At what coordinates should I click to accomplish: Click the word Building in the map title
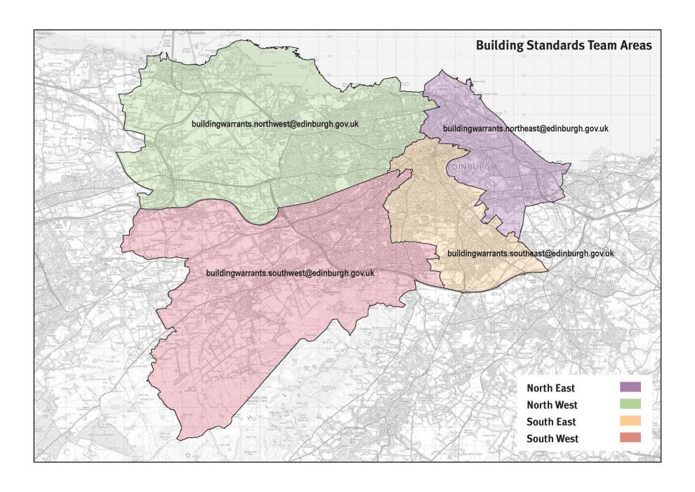(x=499, y=46)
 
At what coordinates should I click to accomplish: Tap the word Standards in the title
(x=555, y=46)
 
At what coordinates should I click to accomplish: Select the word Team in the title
(x=603, y=46)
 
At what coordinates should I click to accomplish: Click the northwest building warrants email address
(x=275, y=124)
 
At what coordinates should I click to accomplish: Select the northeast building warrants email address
(x=524, y=129)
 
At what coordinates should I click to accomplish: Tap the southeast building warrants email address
(x=531, y=253)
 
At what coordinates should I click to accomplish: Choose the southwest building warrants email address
(x=289, y=273)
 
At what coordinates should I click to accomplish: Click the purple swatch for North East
(x=630, y=387)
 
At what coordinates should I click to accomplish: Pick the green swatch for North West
(x=630, y=404)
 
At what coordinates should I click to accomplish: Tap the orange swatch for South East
(x=630, y=421)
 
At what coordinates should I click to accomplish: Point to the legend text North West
(x=552, y=405)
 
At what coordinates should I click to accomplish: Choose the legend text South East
(x=551, y=422)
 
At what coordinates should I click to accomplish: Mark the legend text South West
(x=552, y=439)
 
